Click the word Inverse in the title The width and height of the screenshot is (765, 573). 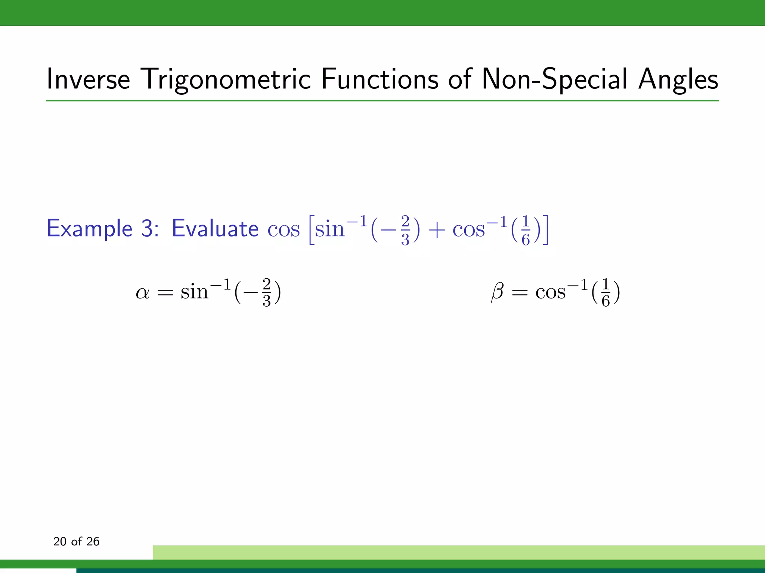coord(88,79)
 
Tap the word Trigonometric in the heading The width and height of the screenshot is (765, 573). coord(227,79)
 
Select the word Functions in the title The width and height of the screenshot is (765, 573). coord(380,79)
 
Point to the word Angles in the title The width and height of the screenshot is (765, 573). coord(678,79)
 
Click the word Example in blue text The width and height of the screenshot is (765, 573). coord(90,228)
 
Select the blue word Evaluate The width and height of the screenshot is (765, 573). coord(215,228)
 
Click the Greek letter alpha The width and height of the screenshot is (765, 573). coord(142,292)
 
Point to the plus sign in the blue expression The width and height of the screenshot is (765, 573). coord(436,230)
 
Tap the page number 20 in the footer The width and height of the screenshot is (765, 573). coord(60,541)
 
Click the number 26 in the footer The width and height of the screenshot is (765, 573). coord(93,541)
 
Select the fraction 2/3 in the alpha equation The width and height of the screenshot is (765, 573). coord(266,292)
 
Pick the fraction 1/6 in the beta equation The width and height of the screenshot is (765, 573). coord(606,292)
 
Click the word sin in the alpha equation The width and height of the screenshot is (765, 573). coord(194,292)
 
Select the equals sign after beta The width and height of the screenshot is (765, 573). coord(520,293)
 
